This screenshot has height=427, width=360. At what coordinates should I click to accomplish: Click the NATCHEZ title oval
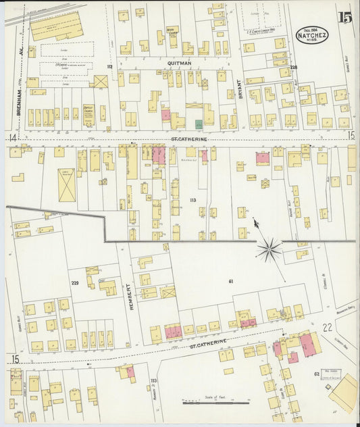(313, 34)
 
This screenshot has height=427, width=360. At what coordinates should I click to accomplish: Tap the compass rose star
(269, 250)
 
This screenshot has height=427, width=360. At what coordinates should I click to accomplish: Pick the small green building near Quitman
(199, 124)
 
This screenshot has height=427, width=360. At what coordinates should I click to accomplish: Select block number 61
(230, 280)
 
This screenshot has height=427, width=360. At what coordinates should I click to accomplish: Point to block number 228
(294, 68)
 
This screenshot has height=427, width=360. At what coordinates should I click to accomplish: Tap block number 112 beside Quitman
(109, 67)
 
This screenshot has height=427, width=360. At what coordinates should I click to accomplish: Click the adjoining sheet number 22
(328, 327)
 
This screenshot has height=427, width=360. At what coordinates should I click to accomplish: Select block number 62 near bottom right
(316, 373)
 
